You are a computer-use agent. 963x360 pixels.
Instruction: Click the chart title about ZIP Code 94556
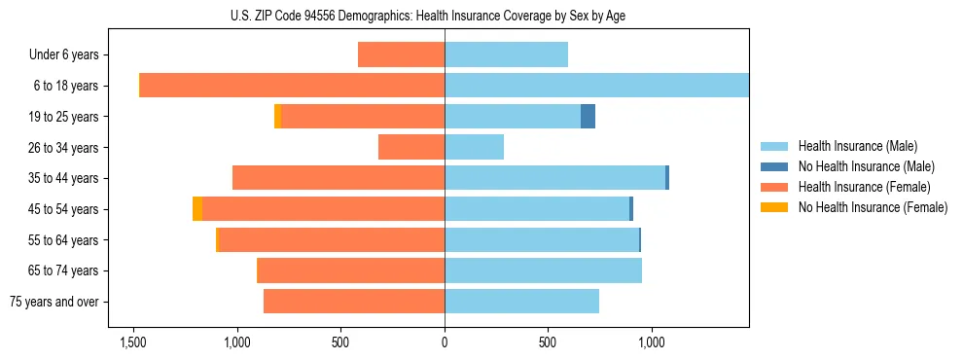pos(444,16)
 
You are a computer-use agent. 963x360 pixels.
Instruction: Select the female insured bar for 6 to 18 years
pos(292,86)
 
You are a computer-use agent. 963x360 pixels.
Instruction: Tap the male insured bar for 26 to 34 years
pos(474,147)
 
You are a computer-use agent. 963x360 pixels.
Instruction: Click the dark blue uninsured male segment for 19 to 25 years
pos(588,117)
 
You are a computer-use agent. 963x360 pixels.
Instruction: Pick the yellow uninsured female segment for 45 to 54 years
pos(197,209)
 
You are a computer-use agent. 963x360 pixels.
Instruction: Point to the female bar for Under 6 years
pos(401,54)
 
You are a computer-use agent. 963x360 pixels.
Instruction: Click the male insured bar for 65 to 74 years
pos(543,270)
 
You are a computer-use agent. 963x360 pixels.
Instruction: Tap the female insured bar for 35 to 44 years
pos(339,178)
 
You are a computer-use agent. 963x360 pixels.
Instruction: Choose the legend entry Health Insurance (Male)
pos(857,146)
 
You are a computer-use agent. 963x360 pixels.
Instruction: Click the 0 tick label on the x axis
pos(445,342)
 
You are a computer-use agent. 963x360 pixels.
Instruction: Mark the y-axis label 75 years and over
pos(55,302)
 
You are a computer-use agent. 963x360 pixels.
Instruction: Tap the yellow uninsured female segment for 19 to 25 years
pos(277,117)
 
